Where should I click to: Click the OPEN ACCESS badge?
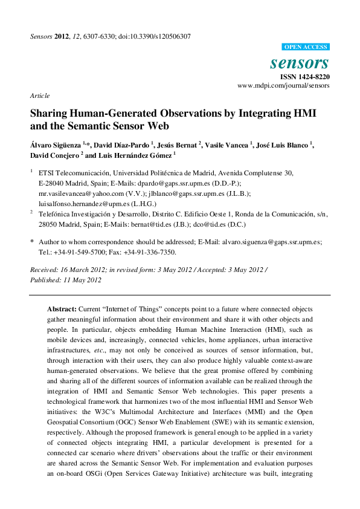tap(306, 47)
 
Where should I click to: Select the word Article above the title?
tap(39, 96)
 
